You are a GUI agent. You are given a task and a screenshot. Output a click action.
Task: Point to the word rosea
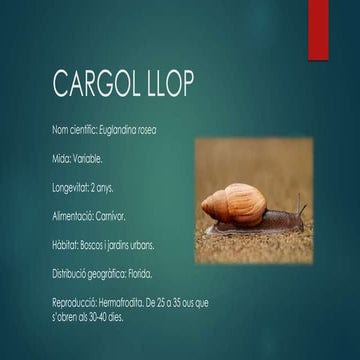[x=146, y=131]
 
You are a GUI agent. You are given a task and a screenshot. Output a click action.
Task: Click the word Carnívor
[x=111, y=215]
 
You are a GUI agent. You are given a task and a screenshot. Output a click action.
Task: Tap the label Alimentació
[x=72, y=215]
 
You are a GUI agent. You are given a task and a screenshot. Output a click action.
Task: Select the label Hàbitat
[x=64, y=244]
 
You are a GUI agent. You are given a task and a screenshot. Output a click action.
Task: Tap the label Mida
[x=60, y=159]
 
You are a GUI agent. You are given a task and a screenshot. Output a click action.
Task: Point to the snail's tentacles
[x=299, y=210]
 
